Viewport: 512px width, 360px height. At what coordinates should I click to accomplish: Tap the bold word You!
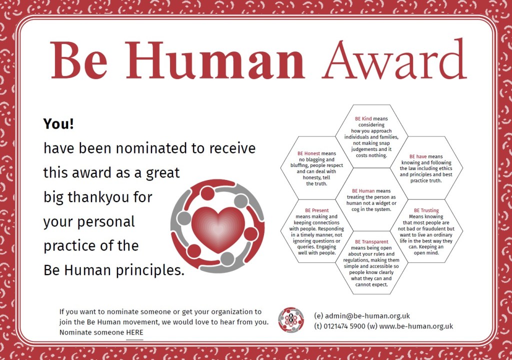click(59, 123)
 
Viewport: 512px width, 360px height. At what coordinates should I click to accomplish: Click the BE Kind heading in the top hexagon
click(363, 118)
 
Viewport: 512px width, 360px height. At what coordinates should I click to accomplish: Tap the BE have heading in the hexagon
click(418, 156)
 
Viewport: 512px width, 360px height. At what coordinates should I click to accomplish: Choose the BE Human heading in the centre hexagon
click(363, 191)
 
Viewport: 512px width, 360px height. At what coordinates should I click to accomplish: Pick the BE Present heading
click(316, 210)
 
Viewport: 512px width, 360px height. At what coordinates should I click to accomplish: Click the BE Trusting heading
click(426, 210)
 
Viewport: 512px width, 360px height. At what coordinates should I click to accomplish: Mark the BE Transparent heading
click(371, 241)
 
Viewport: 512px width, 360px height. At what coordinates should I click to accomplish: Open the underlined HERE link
click(134, 332)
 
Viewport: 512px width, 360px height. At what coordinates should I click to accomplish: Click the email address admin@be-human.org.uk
click(367, 316)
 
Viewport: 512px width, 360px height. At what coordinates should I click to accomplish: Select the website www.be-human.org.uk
click(416, 326)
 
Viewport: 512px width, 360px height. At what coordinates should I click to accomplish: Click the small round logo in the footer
click(291, 320)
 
